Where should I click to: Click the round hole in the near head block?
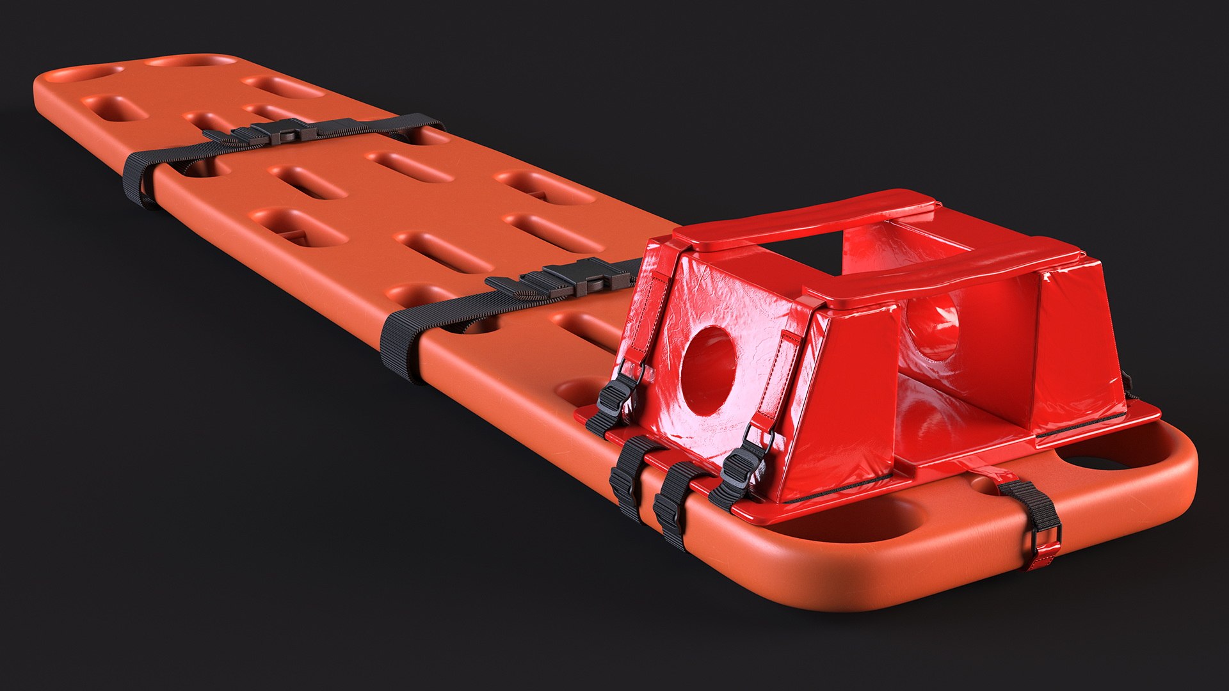(x=708, y=369)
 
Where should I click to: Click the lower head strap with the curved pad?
(x=941, y=269)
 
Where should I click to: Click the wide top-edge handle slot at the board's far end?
(x=192, y=61)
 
